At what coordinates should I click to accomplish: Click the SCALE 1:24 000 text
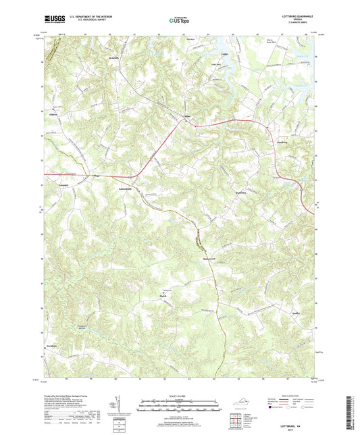coord(180,396)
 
